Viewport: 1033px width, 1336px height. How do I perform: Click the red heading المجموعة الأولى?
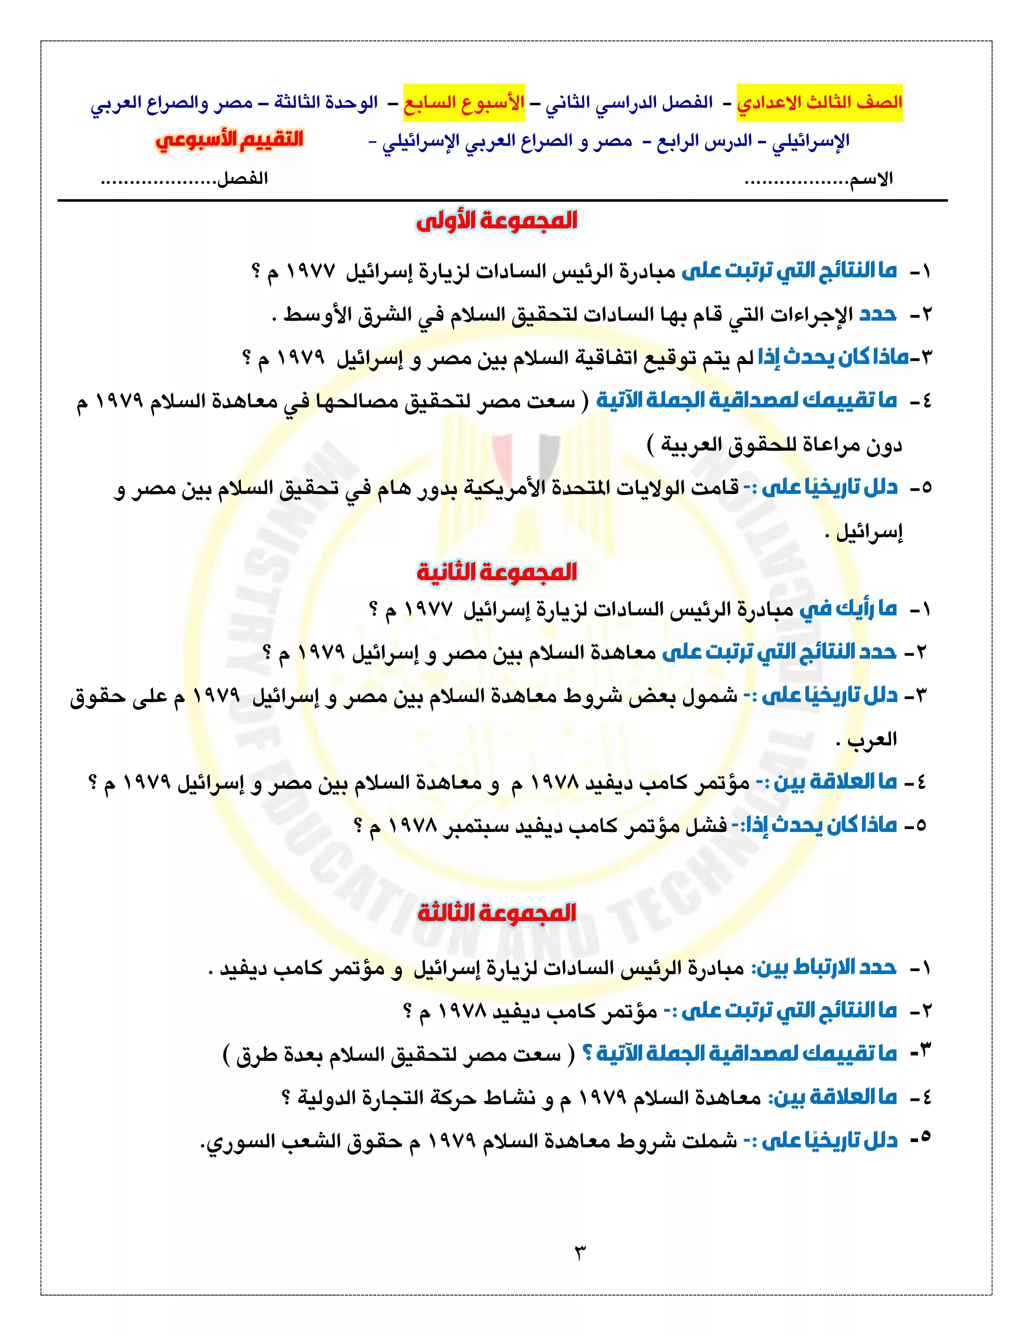(x=496, y=221)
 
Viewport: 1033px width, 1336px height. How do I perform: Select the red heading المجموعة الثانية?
(x=496, y=572)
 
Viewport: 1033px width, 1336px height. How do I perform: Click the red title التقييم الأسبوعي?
(x=229, y=140)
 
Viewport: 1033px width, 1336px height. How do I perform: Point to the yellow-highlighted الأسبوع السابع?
(x=464, y=102)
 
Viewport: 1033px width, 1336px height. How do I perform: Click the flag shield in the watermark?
(x=526, y=459)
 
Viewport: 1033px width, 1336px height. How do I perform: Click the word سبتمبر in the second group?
(x=475, y=826)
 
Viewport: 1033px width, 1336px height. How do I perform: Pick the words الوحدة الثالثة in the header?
(x=326, y=102)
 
